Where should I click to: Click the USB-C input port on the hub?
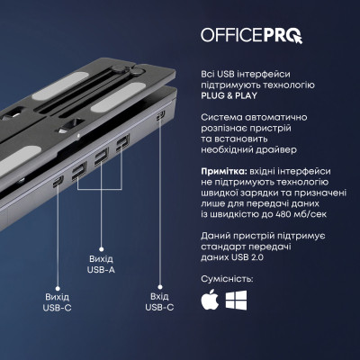coord(159,116)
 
